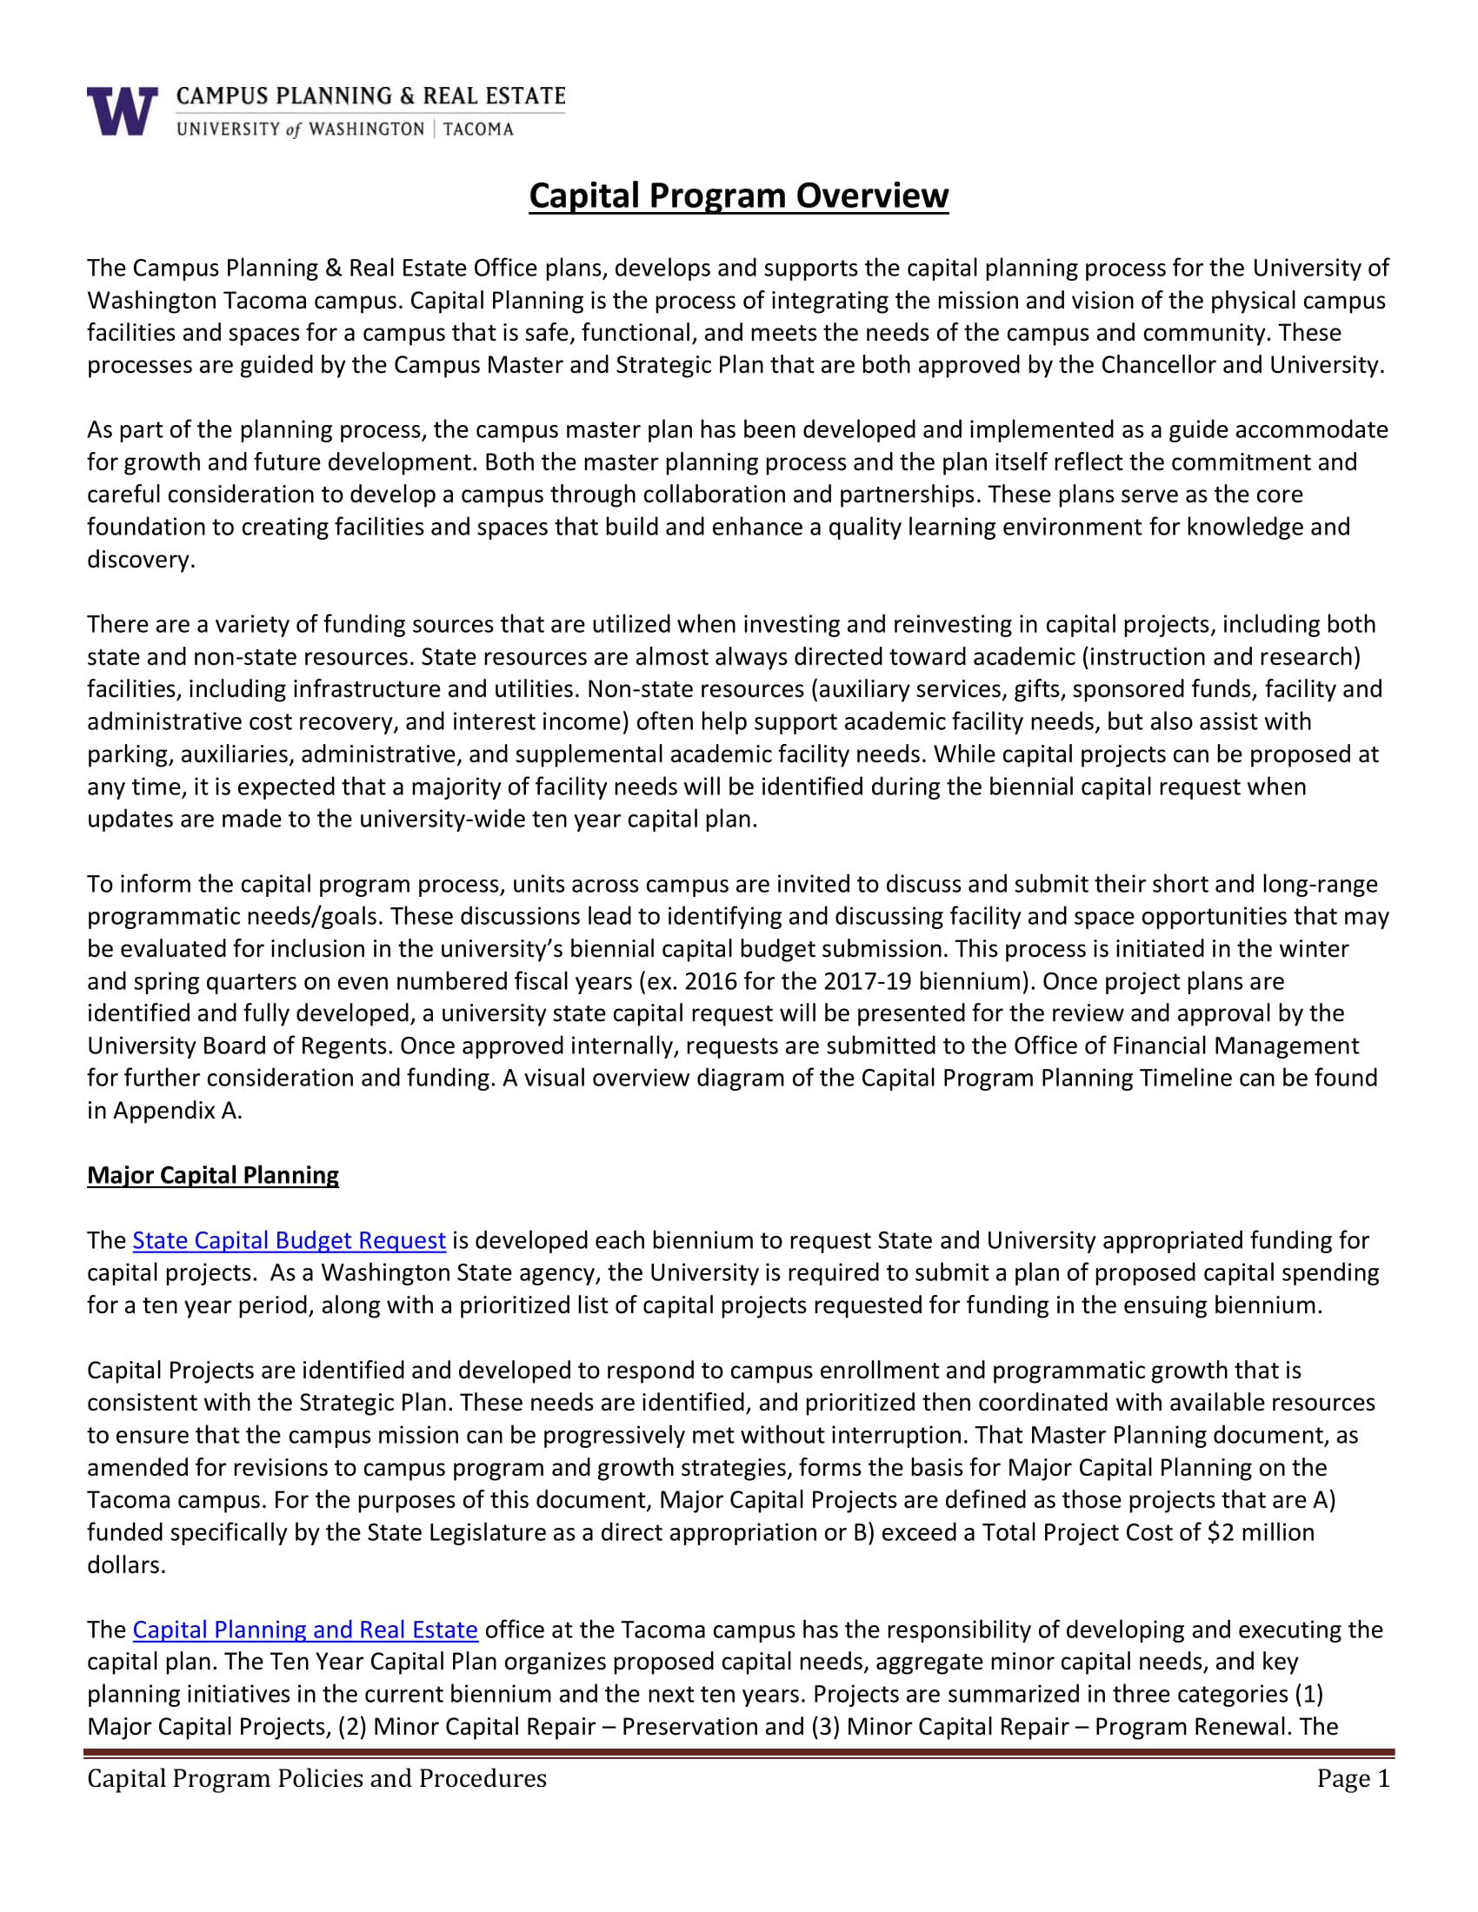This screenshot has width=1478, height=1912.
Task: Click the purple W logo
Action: coord(122,111)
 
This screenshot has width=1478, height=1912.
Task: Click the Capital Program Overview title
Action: coord(738,196)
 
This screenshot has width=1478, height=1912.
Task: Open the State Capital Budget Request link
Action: coord(289,1239)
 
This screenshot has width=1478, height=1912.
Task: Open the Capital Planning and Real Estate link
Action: coord(304,1630)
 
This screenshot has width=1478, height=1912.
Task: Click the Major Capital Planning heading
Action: coord(213,1175)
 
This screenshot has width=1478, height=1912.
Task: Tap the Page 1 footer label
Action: coord(1353,1778)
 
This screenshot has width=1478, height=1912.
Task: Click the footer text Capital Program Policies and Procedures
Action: coord(316,1778)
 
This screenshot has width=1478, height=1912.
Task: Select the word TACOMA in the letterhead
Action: coord(478,129)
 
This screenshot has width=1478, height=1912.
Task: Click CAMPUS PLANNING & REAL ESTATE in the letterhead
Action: coord(370,96)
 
